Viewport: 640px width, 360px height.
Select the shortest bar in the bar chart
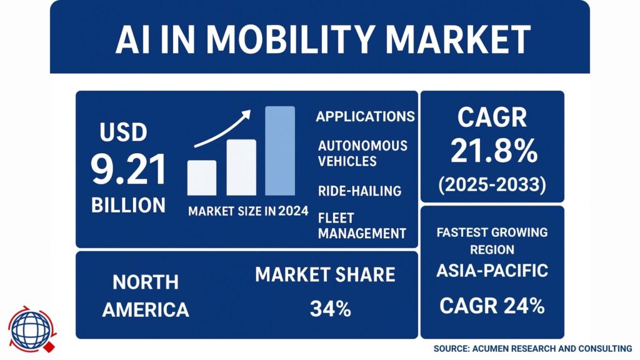(202, 177)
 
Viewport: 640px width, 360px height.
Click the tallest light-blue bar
(279, 151)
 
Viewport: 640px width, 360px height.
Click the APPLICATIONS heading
(365, 117)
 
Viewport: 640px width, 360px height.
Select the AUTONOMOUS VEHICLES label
(362, 153)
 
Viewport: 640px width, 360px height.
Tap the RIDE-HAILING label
(359, 190)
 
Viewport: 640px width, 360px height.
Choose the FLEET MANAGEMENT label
(362, 226)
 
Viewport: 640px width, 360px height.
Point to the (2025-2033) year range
(493, 184)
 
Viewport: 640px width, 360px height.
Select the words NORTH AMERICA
(146, 296)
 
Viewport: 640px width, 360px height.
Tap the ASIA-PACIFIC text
(492, 271)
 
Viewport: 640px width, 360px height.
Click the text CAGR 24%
(492, 306)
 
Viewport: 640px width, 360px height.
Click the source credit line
(532, 348)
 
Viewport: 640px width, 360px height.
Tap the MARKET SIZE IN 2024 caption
(248, 211)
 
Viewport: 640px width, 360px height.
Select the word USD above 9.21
(123, 133)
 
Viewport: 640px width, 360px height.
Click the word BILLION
(129, 205)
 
